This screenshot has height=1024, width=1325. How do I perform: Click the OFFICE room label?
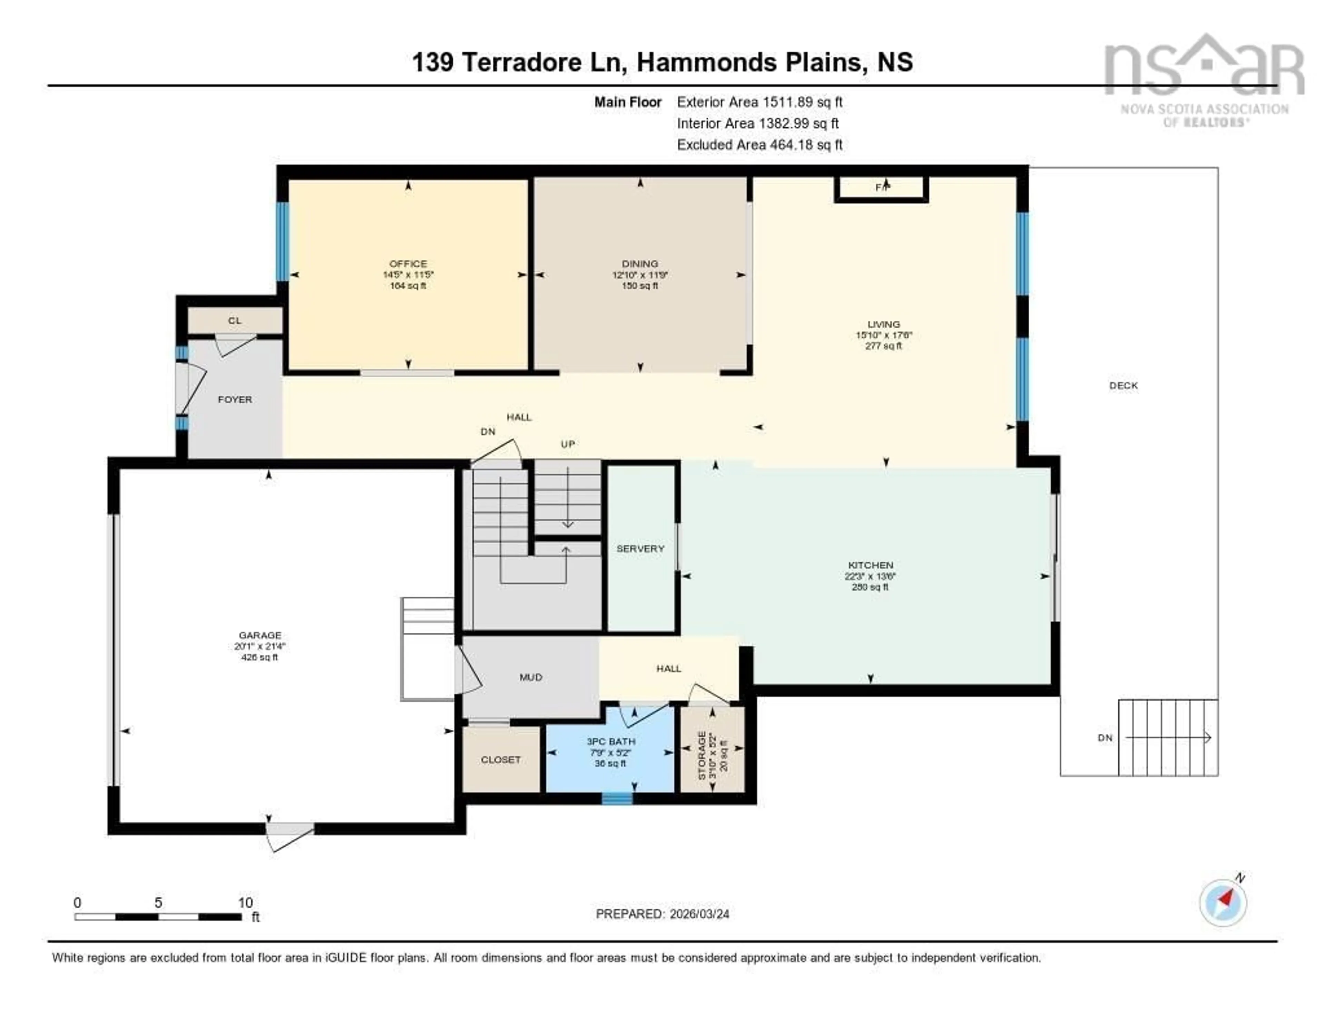(408, 263)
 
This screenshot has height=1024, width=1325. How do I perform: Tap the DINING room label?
(639, 263)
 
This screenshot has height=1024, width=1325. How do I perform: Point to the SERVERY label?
(640, 548)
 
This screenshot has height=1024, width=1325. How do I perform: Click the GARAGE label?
(260, 635)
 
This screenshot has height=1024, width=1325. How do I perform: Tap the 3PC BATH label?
(610, 741)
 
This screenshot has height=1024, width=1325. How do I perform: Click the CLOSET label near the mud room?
(501, 759)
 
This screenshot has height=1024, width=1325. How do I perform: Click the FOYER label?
(235, 399)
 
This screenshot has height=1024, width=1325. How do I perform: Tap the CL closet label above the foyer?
(235, 320)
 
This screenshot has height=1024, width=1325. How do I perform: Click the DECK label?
(1123, 385)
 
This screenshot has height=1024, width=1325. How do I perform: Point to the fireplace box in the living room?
(882, 189)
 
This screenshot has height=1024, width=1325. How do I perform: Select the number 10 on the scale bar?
(245, 902)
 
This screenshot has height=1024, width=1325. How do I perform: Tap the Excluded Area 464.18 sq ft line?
(759, 144)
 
